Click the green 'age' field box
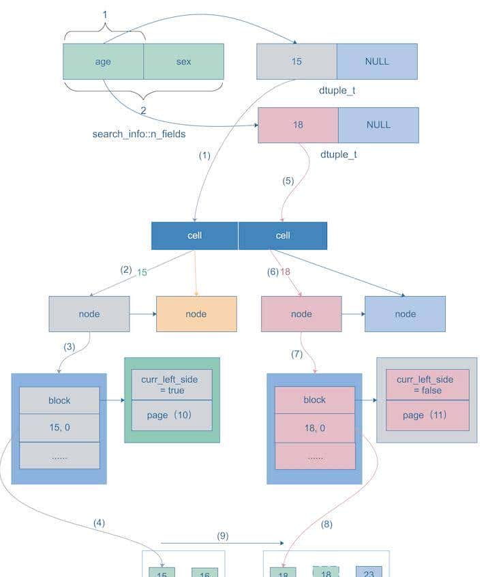point(103,61)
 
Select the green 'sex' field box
point(183,61)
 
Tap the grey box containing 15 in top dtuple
point(296,61)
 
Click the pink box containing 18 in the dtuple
point(298,125)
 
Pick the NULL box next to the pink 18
point(378,125)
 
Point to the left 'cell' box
point(195,235)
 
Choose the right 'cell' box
point(283,235)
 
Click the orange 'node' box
point(196,314)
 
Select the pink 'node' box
point(301,314)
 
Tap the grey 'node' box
point(89,314)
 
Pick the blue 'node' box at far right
point(405,314)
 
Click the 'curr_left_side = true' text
point(172,385)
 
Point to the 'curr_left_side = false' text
point(427,385)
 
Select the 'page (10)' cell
point(172,415)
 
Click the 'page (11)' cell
point(427,415)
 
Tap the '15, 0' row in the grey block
point(59,428)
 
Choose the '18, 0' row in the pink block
point(315,428)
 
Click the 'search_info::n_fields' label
point(139,134)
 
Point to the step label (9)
point(222,536)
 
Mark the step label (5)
point(288,181)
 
